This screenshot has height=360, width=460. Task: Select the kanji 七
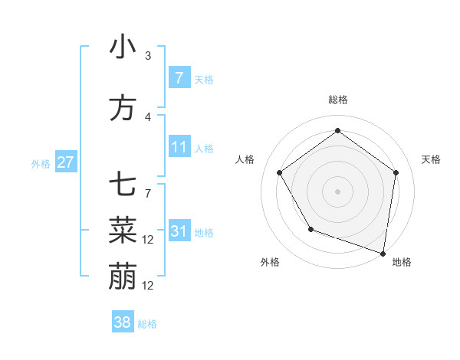point(123,185)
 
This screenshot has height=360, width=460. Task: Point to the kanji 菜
point(123,230)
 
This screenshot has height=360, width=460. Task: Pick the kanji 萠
point(123,277)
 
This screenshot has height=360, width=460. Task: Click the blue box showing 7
point(179,77)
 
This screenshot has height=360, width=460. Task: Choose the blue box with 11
point(179,147)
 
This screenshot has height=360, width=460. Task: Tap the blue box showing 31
point(179,231)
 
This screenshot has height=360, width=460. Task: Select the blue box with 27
point(65,162)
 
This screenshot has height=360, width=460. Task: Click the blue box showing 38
point(122,322)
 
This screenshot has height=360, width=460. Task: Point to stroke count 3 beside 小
point(148,56)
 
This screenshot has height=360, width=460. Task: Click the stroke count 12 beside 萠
point(149,286)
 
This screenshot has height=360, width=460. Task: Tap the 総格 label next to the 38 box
point(147,324)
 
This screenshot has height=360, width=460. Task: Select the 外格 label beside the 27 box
point(40,163)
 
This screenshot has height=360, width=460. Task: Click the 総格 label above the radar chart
point(337,100)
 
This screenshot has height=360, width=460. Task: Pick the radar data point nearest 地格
point(383,253)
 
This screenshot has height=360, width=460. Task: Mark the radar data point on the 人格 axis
point(279,173)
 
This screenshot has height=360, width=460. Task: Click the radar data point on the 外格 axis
point(310,229)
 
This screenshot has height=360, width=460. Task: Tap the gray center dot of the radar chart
point(337,191)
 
